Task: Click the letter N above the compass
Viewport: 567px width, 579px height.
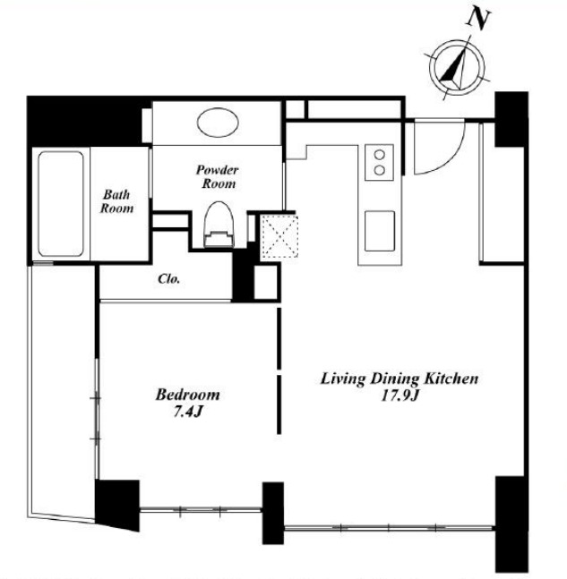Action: [x=478, y=20]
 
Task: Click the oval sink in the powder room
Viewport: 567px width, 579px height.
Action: [x=218, y=123]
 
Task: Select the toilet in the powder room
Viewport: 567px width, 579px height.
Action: [x=219, y=225]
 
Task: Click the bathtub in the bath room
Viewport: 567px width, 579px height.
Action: [x=61, y=204]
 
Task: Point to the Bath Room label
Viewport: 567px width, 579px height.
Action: [x=116, y=201]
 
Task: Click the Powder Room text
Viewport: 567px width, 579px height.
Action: [x=218, y=177]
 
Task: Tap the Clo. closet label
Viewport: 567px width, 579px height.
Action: [x=169, y=279]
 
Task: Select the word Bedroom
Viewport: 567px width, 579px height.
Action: [x=188, y=395]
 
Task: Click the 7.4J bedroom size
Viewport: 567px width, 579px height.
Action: [x=188, y=412]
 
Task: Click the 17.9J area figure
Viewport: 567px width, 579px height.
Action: [x=400, y=396]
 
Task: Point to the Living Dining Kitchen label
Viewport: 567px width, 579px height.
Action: [x=399, y=379]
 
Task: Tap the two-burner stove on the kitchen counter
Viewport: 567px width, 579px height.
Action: [x=379, y=163]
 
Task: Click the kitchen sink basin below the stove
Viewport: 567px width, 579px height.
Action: [x=380, y=231]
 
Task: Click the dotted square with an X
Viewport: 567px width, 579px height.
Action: [x=279, y=235]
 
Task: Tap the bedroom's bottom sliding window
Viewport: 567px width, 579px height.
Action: [x=201, y=510]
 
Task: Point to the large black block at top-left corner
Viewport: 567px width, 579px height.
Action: [x=84, y=121]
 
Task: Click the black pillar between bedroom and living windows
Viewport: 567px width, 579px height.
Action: [x=273, y=513]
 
